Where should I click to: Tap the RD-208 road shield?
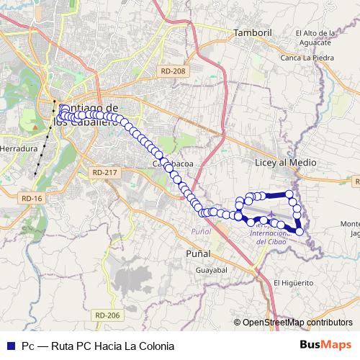(x=174, y=71)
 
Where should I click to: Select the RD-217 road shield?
(x=105, y=173)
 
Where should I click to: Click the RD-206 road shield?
(x=107, y=315)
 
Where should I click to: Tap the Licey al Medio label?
(x=286, y=163)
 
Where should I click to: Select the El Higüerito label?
(x=292, y=282)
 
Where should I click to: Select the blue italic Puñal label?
(x=202, y=230)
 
